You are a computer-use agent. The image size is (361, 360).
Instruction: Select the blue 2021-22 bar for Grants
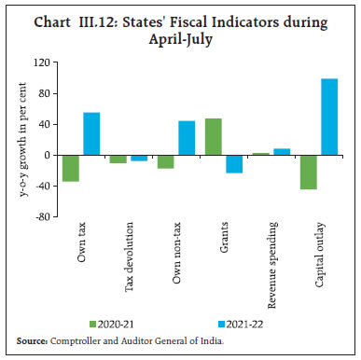pos(233,163)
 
